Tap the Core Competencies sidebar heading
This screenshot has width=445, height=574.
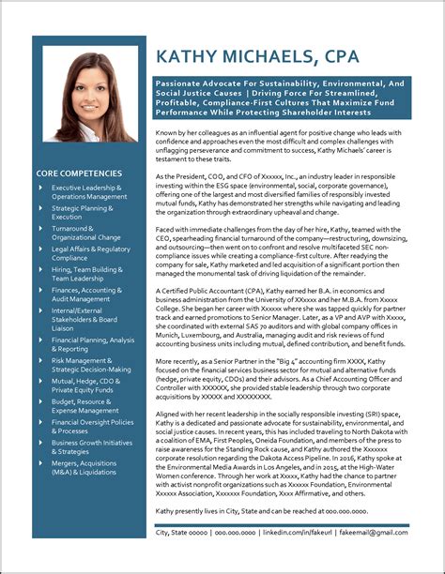coord(79,174)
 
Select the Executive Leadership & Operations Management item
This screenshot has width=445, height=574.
coord(88,192)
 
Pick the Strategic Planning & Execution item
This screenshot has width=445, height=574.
coord(83,213)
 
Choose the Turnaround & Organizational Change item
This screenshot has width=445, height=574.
coord(85,234)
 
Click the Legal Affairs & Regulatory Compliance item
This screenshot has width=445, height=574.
coord(90,254)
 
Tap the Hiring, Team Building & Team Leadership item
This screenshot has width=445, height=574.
coord(86,275)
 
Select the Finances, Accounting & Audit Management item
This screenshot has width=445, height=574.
coord(86,295)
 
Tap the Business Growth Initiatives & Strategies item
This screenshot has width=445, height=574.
coord(89,447)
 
